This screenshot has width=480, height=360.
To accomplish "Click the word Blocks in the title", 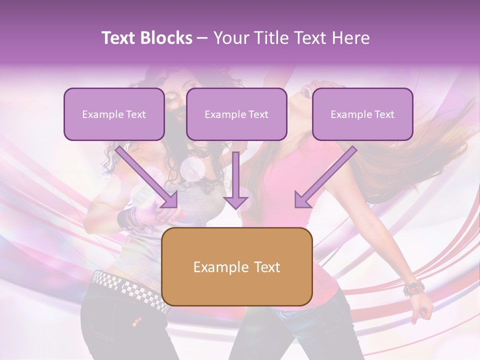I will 166,38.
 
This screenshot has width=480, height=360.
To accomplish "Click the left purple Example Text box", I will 114,114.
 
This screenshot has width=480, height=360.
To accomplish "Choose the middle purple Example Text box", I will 236,114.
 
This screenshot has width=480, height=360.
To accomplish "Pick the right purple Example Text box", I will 362,114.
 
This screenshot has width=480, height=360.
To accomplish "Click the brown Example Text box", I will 236,267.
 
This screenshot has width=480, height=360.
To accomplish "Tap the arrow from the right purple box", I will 325,177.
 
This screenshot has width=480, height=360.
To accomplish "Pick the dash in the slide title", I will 202,38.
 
